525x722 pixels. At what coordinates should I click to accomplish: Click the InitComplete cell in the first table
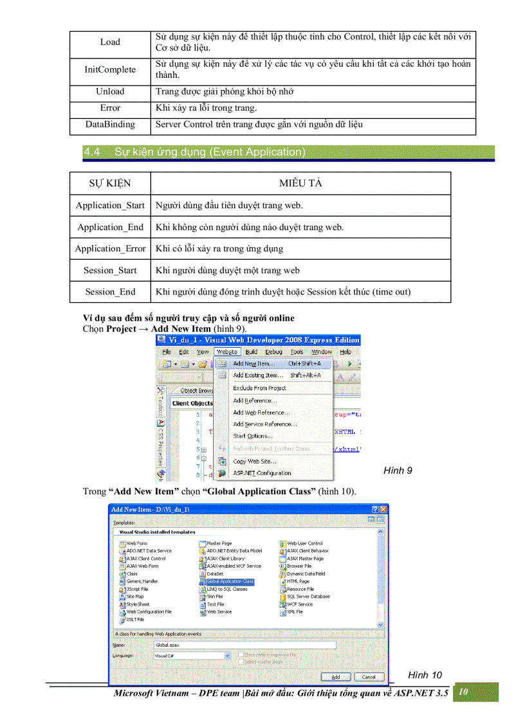coord(110,69)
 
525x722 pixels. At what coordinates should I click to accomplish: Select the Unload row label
coord(110,91)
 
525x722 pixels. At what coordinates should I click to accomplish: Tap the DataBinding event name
coord(110,124)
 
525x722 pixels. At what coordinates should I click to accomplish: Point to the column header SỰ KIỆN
coord(110,183)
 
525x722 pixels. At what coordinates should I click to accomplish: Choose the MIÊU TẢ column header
coord(300,183)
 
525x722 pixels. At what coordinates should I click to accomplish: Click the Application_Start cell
coord(110,205)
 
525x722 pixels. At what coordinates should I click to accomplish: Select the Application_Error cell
coord(110,248)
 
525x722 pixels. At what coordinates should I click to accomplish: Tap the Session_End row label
coord(110,292)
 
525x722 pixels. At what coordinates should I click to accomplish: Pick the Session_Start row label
coord(110,270)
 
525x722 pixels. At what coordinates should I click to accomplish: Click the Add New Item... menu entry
coord(252,364)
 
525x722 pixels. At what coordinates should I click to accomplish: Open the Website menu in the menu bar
coord(226,352)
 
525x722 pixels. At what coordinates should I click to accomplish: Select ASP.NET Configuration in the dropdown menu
coord(262,473)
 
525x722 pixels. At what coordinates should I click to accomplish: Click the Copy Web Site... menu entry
coord(255,461)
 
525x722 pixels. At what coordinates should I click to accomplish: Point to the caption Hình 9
coord(398,471)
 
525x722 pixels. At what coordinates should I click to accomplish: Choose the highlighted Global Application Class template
coord(230,581)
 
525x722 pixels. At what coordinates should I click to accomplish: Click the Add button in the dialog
coord(336,677)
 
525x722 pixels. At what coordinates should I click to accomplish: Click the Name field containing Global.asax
coord(244,644)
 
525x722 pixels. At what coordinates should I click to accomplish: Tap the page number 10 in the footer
coord(463,692)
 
